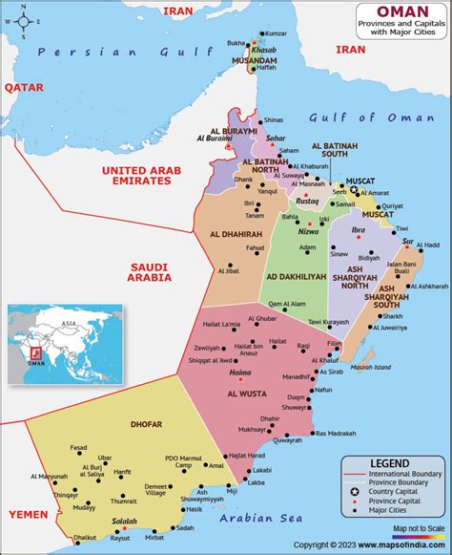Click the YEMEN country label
coord(28,513)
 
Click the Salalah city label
coord(125,522)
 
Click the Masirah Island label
coord(392,366)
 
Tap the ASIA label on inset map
coord(67,324)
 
